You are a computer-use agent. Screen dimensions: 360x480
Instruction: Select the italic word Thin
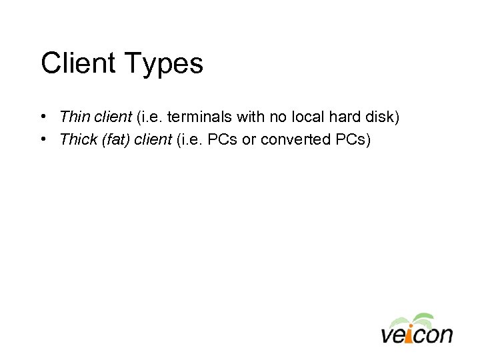point(73,117)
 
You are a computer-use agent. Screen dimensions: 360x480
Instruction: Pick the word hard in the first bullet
point(342,117)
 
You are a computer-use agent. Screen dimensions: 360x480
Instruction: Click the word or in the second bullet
point(248,139)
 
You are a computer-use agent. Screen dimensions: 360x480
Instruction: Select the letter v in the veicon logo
point(388,334)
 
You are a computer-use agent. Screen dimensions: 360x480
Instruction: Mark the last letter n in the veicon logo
point(445,334)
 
